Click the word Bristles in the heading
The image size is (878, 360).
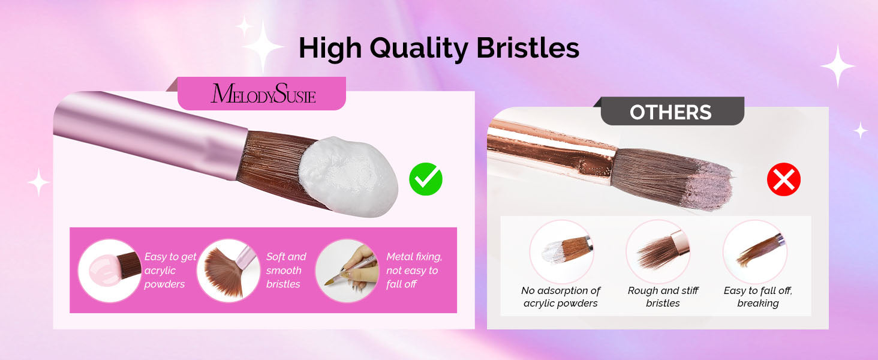pyautogui.click(x=528, y=48)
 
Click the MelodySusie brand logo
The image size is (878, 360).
pyautogui.click(x=263, y=94)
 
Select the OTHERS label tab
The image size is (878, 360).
pyautogui.click(x=670, y=112)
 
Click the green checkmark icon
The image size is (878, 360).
pyautogui.click(x=426, y=179)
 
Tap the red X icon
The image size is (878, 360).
pyautogui.click(x=783, y=179)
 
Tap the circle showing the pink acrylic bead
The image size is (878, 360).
pyautogui.click(x=110, y=271)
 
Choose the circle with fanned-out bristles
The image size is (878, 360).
pyautogui.click(x=228, y=271)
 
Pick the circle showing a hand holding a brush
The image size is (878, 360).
pyautogui.click(x=347, y=271)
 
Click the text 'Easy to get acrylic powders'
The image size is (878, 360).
pyautogui.click(x=170, y=270)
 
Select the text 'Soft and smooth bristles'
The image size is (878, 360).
pyautogui.click(x=285, y=270)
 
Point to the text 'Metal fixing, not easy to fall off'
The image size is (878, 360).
pyautogui.click(x=414, y=270)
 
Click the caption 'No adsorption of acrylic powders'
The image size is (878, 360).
pyautogui.click(x=561, y=297)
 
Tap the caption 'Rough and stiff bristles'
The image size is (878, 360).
pyautogui.click(x=663, y=297)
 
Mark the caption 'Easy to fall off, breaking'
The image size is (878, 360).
pyautogui.click(x=757, y=297)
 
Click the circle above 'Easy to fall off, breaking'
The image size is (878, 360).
pyautogui.click(x=755, y=251)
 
